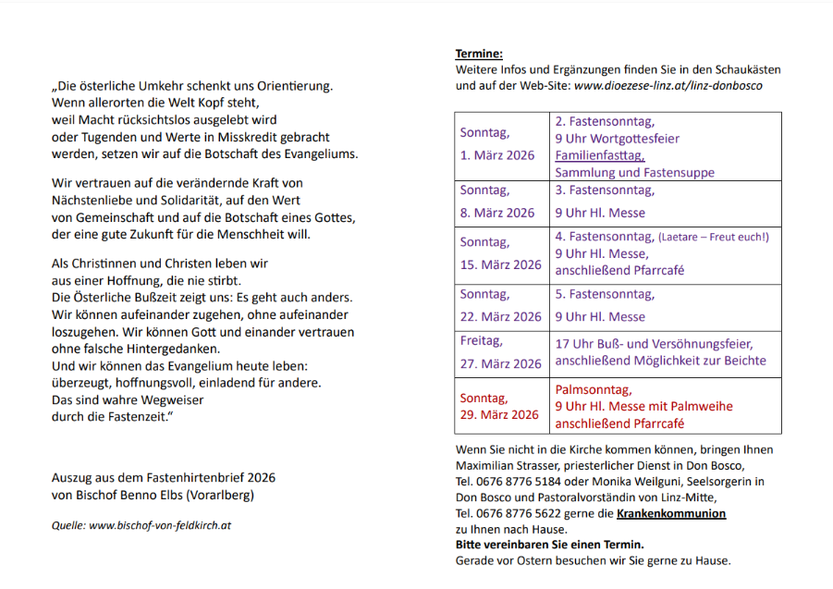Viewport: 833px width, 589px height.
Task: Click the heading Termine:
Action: (479, 55)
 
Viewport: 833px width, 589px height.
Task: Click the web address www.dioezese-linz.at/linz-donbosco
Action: (668, 85)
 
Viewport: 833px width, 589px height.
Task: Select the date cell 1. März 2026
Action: (497, 154)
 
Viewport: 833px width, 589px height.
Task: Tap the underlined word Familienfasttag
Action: (599, 155)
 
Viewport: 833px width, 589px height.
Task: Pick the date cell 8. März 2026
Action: (497, 212)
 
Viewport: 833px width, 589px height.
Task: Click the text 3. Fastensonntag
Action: (605, 190)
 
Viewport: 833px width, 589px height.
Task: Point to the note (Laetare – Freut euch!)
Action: (713, 237)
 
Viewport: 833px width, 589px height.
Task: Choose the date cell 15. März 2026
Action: (500, 264)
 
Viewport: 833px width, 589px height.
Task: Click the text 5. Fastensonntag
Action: (605, 294)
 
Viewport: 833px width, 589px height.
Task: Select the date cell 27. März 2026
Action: (500, 363)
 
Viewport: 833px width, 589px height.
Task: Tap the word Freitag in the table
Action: (482, 340)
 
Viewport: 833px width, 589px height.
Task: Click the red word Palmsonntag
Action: (594, 389)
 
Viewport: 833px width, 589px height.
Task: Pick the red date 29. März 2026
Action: (498, 414)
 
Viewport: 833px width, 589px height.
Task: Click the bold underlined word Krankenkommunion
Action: (671, 513)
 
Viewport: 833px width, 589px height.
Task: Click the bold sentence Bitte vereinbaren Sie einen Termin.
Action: (550, 545)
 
